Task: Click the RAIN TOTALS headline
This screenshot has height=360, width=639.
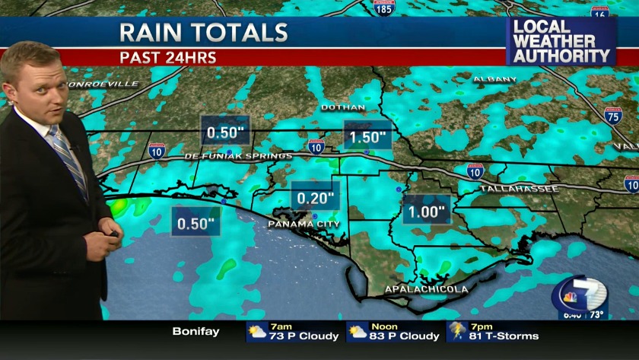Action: [x=204, y=33]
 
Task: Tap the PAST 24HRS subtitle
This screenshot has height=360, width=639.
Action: [x=168, y=57]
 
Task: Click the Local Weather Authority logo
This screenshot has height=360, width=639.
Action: [x=561, y=42]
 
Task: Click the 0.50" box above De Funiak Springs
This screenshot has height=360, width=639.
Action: [x=224, y=132]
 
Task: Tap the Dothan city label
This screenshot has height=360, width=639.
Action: [x=343, y=107]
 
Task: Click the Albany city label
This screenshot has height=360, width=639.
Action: [x=494, y=79]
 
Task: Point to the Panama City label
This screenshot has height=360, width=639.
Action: [x=304, y=225]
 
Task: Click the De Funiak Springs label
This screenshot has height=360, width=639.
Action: [x=237, y=156]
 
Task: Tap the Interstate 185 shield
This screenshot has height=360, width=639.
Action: [x=384, y=9]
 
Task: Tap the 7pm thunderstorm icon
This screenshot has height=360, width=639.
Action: [x=458, y=331]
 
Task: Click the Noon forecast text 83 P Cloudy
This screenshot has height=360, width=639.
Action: [x=404, y=336]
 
